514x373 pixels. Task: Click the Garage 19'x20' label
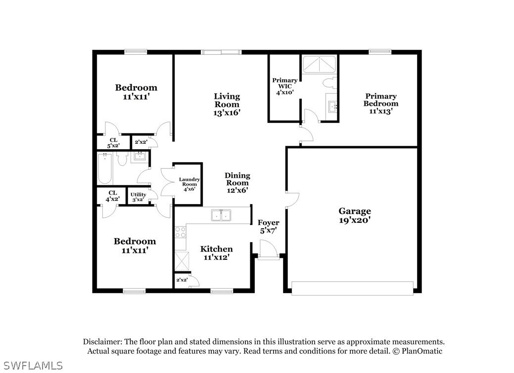355,215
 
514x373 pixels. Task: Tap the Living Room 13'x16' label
227,104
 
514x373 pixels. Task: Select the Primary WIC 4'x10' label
284,86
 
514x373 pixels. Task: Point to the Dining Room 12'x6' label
237,182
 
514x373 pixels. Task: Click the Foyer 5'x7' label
269,226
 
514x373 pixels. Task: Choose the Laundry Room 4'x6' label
189,184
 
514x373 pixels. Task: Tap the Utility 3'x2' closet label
139,197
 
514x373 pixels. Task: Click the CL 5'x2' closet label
113,143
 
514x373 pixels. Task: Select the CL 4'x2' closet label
112,196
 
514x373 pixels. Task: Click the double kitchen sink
221,215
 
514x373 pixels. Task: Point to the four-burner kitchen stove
180,232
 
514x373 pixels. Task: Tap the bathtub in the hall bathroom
105,168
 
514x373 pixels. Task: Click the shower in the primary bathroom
319,64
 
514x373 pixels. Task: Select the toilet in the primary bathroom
330,83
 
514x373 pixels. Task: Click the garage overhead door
352,288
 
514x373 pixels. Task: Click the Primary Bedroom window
380,52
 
